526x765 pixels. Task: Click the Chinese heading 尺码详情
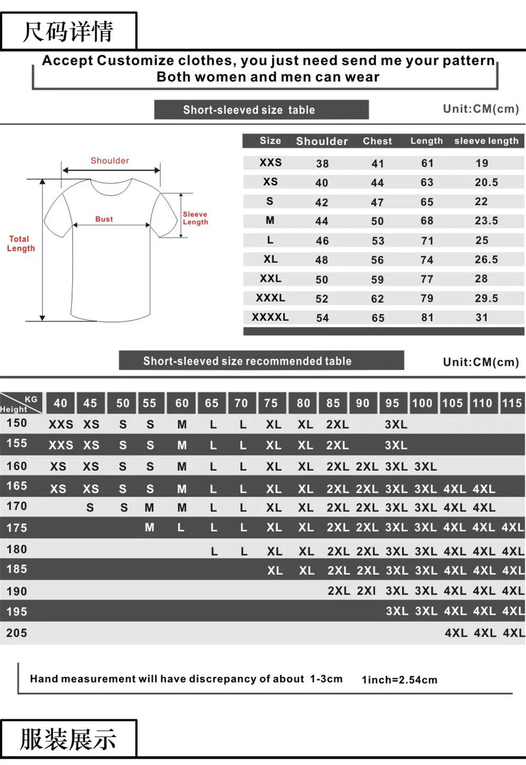tap(68, 32)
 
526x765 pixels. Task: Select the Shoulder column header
tap(322, 141)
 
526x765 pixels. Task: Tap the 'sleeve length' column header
tap(487, 141)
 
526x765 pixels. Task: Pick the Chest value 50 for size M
tap(377, 221)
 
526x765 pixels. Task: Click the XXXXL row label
tap(270, 317)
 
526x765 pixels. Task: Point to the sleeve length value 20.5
tap(486, 182)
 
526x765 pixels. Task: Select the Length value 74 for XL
tap(427, 260)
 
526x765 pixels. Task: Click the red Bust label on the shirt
tap(104, 219)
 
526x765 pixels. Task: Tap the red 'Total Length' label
tap(21, 243)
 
